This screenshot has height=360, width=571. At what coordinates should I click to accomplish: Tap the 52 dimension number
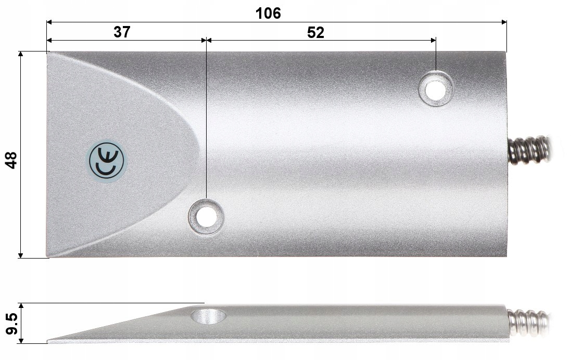(315, 32)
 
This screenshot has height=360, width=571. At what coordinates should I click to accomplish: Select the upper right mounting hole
(436, 88)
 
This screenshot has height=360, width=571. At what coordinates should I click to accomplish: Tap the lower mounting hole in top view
(206, 216)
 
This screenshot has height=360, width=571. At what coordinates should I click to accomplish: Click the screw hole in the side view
(208, 315)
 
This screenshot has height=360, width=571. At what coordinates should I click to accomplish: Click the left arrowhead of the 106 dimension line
(49, 22)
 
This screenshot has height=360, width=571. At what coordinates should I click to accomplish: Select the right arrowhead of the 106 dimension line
(504, 22)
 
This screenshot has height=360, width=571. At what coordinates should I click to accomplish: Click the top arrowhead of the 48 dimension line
(21, 54)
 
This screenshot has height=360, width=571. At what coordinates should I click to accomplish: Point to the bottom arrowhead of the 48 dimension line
(21, 255)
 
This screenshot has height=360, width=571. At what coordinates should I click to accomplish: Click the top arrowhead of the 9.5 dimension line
(21, 306)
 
